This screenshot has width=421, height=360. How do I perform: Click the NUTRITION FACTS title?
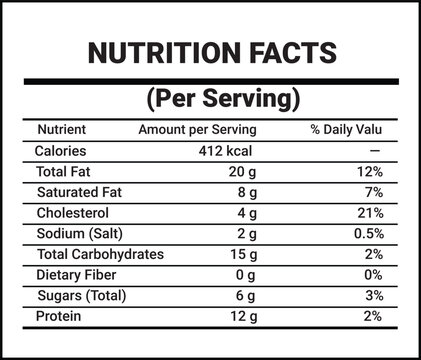[x=211, y=52]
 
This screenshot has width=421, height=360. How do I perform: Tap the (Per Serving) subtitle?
[x=223, y=99]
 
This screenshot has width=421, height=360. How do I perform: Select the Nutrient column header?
[x=61, y=130]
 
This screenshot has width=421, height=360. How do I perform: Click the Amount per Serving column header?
[x=197, y=130]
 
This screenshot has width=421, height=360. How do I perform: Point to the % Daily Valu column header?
[x=347, y=130]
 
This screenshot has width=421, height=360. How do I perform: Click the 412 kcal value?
[x=229, y=151]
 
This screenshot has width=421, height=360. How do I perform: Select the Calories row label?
[x=61, y=151]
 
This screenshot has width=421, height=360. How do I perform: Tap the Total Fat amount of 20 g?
[x=244, y=172]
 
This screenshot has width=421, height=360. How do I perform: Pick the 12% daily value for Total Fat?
[x=369, y=172]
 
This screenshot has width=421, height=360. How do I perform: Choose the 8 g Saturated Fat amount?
[x=248, y=192]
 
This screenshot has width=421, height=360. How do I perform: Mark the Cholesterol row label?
[x=72, y=213]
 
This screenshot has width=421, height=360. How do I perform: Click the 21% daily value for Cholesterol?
[x=369, y=213]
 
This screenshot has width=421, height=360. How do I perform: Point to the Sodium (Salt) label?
[x=78, y=234]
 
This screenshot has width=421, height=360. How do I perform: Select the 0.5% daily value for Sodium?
[x=365, y=234]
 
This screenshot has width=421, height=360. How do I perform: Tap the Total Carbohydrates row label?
[x=99, y=254]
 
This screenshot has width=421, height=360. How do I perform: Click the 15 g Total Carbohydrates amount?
[x=244, y=254]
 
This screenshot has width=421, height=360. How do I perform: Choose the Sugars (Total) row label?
[x=84, y=296]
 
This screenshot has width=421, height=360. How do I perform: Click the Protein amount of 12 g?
[x=244, y=316]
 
